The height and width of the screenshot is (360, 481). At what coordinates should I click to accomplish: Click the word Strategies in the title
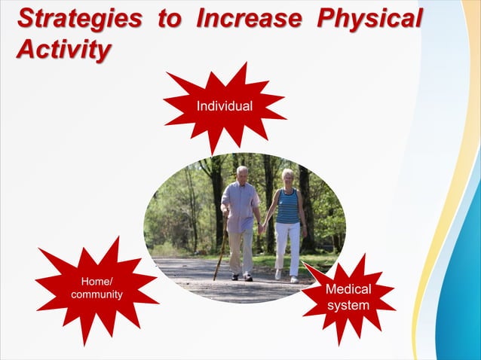coord(78,19)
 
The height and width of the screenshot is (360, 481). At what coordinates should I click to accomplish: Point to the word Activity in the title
coord(64,50)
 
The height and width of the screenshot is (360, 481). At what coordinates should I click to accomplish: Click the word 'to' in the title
coord(168,19)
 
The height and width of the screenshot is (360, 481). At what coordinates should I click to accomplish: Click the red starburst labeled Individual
coord(224,107)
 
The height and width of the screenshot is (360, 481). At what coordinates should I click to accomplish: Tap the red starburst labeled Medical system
coord(348,297)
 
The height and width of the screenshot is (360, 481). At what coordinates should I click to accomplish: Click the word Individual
coord(224,107)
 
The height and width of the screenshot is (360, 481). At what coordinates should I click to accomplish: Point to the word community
coord(97,294)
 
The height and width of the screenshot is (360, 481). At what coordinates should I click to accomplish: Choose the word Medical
coord(348,290)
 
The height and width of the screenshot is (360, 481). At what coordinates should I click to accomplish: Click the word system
coord(348,305)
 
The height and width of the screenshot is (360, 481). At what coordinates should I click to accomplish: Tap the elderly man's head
coord(241,173)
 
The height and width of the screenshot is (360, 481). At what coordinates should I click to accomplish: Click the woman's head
coord(288,178)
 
